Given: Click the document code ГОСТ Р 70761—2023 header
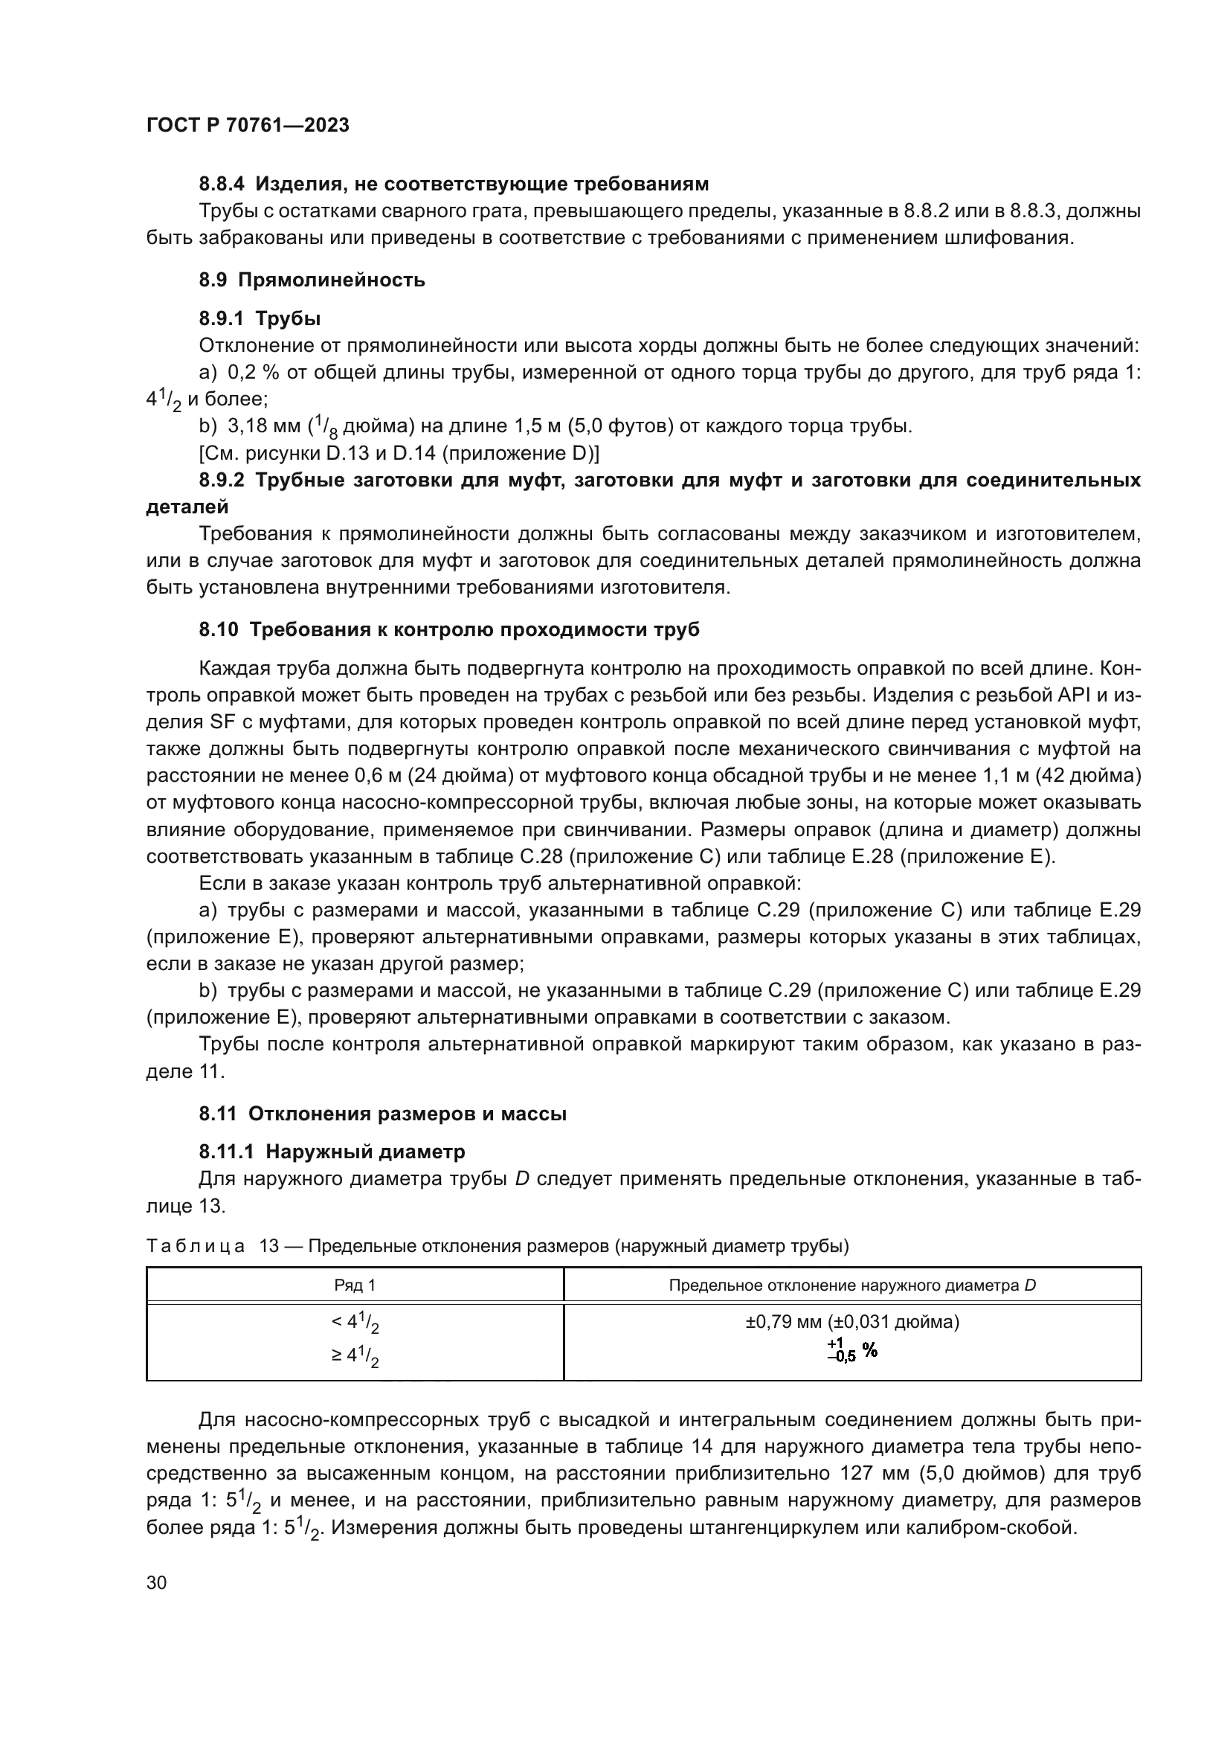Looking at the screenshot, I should [247, 126].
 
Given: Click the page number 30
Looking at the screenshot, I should [156, 1582].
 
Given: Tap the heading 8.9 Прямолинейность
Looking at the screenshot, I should [312, 280].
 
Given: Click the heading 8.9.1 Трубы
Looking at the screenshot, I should [260, 318].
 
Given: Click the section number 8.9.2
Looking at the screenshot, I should [224, 481].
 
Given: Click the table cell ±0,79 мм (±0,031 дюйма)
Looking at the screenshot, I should [852, 1323].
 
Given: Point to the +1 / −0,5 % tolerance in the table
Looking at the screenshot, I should [851, 1350].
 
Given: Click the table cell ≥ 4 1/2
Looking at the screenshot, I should [355, 1357].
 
